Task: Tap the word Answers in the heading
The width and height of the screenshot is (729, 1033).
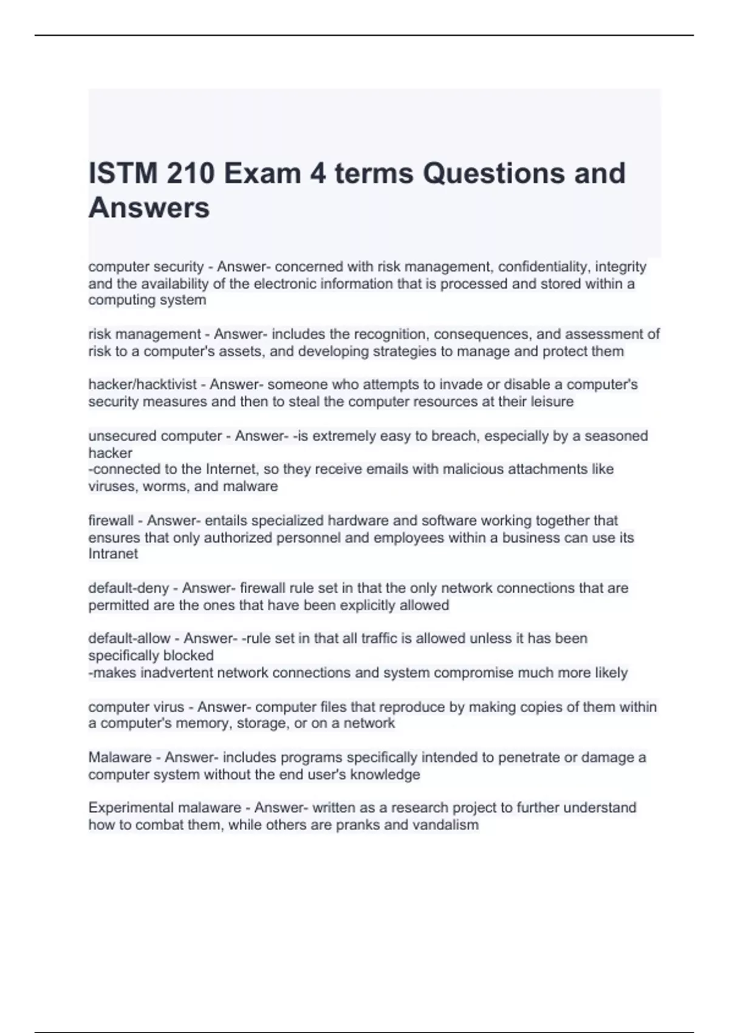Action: pyautogui.click(x=149, y=208)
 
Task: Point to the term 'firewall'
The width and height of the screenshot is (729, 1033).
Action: pyautogui.click(x=111, y=521)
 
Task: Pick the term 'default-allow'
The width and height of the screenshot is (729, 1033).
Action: pyautogui.click(x=129, y=639)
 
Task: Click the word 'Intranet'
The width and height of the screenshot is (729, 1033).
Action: pyautogui.click(x=113, y=554)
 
